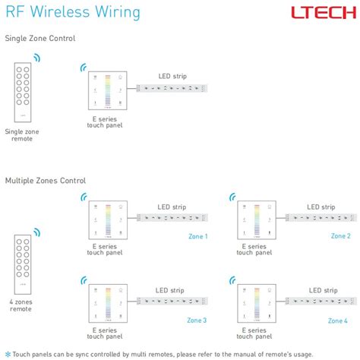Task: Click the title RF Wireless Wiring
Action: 72,12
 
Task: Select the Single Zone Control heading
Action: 40,38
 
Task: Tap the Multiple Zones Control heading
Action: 46,181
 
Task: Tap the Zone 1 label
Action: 197,236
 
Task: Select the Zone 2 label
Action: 340,236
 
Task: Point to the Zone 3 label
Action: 197,320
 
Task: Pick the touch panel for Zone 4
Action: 256,305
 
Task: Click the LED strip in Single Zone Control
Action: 173,89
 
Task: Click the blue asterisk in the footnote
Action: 8,353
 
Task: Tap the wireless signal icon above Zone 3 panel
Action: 84,279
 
